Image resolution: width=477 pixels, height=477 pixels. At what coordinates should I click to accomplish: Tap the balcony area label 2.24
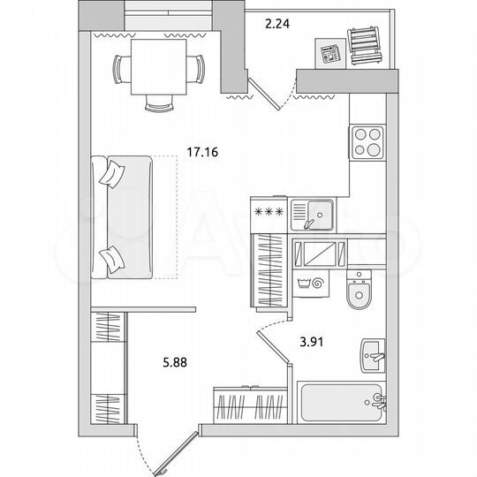(x=279, y=25)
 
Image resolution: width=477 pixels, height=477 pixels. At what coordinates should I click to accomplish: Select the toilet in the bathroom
(x=360, y=292)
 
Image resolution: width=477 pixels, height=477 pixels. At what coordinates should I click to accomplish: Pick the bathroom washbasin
(x=373, y=356)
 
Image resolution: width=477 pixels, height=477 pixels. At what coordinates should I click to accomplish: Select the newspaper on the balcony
(x=329, y=54)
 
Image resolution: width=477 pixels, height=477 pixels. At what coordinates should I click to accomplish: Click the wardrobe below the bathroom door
(x=249, y=409)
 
